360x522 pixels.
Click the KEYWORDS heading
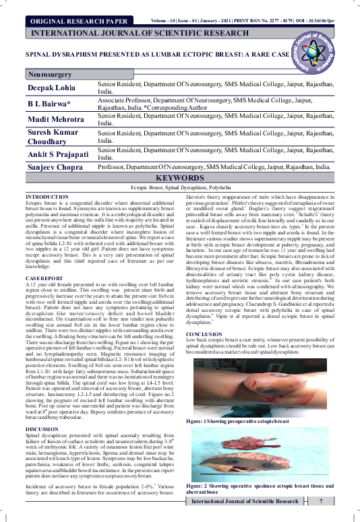[179, 178]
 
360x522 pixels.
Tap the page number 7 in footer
[322, 502]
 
